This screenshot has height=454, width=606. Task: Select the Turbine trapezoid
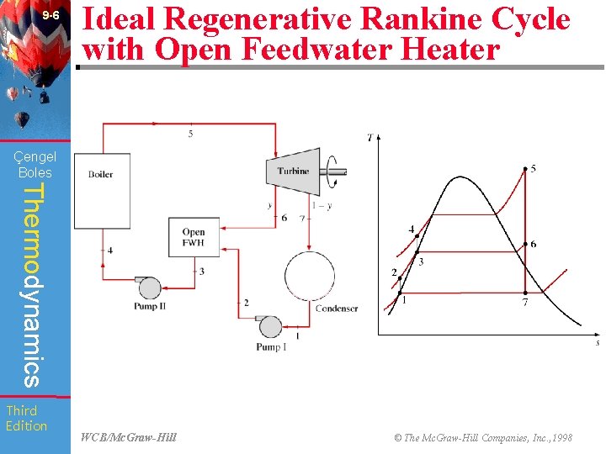coord(294,171)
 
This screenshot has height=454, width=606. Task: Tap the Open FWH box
coord(193,237)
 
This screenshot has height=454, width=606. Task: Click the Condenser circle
coord(309,275)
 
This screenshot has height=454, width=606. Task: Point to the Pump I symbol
coord(270,325)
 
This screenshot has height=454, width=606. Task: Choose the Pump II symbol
coord(148,288)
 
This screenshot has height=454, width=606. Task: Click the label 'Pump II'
coord(150,307)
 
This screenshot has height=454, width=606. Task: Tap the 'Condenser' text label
coord(336,309)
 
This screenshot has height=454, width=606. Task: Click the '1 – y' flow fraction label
coord(321,205)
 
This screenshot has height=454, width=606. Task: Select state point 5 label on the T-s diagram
coord(534,169)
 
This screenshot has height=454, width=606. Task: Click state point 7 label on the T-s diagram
coord(525,302)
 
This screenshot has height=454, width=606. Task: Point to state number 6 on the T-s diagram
coord(533,244)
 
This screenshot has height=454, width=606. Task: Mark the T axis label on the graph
coord(371,137)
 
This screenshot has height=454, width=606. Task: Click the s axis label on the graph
coord(598,342)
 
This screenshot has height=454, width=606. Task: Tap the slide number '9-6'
coord(50,16)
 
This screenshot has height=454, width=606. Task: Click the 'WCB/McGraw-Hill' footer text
coord(129,437)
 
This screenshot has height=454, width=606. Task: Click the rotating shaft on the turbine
coord(334,172)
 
